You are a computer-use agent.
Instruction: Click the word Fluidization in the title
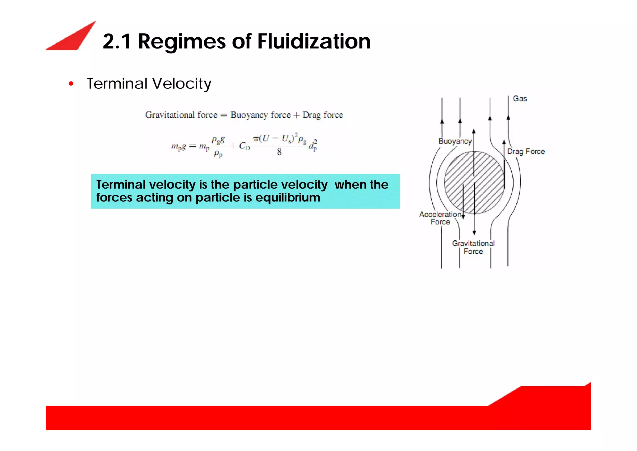(x=314, y=41)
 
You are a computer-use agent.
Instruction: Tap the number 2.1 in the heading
(x=117, y=41)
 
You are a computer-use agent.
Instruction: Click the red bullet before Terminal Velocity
(x=71, y=84)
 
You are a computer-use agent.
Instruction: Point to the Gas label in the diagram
(x=520, y=99)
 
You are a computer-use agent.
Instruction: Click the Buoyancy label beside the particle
(x=455, y=141)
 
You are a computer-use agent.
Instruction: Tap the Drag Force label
(x=526, y=152)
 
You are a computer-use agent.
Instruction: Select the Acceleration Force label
(x=440, y=218)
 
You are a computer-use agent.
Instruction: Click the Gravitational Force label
(x=473, y=247)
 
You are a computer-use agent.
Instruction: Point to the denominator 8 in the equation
(x=279, y=152)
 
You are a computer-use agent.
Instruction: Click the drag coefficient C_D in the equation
(x=244, y=146)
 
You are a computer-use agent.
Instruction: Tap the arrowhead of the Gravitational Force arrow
(x=474, y=233)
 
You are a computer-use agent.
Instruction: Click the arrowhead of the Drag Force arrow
(x=504, y=142)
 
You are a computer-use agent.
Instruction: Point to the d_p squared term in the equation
(x=313, y=145)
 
